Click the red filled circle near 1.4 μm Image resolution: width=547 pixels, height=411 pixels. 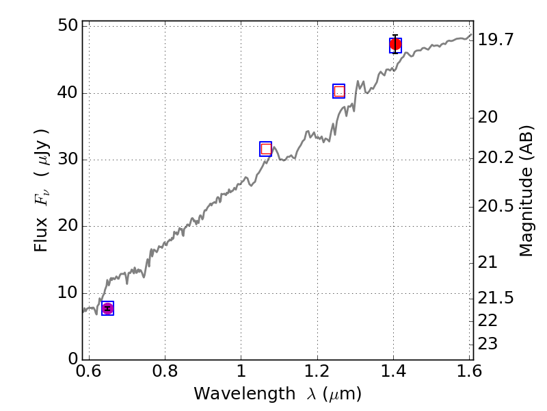[x=395, y=45]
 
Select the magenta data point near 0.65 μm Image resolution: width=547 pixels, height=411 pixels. [x=107, y=308]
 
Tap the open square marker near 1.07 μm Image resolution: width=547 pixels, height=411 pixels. [x=266, y=149]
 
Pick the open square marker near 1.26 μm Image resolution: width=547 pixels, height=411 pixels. [x=339, y=91]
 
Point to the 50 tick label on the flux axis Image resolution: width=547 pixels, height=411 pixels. [x=66, y=27]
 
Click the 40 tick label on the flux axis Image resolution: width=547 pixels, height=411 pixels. [x=66, y=93]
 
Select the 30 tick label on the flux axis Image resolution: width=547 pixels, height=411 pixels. [x=66, y=160]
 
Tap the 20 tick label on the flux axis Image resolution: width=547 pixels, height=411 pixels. [x=66, y=226]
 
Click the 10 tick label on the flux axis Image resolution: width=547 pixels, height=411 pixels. [x=66, y=293]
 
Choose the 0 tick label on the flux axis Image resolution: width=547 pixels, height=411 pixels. [x=71, y=360]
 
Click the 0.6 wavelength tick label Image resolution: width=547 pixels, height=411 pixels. [x=89, y=373]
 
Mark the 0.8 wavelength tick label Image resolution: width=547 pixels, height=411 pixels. [x=165, y=373]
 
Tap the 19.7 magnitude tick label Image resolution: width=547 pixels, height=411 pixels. [x=496, y=40]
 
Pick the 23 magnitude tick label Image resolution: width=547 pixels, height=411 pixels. [x=488, y=343]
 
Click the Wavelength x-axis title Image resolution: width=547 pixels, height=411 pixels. [x=277, y=394]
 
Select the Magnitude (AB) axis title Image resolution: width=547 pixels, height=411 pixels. [x=526, y=191]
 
